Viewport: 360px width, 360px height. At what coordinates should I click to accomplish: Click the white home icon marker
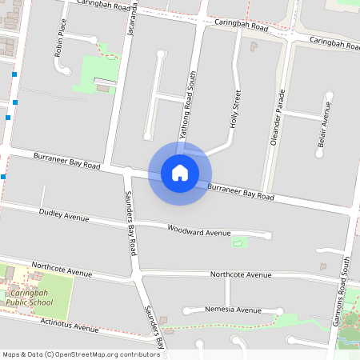180,172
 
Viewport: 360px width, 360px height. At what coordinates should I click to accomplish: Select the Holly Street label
235,110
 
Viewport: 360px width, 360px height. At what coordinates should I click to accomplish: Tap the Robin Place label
59,47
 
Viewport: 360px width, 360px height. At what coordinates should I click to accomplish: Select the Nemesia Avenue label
233,310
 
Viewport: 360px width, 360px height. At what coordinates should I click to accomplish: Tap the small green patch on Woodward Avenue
237,242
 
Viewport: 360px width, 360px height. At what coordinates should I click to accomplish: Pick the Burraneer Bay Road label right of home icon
241,191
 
